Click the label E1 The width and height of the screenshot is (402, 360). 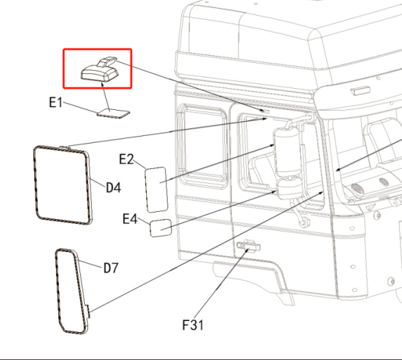click(55, 102)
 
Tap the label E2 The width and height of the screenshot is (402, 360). click(126, 159)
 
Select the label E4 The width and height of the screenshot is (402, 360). click(130, 219)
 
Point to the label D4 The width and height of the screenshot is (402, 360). click(113, 188)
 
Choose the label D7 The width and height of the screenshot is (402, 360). click(111, 268)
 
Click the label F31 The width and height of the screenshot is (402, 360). click(193, 325)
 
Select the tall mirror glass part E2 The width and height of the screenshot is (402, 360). click(156, 190)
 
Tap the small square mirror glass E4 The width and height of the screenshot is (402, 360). click(161, 228)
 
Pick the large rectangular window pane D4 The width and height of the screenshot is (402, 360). click(63, 185)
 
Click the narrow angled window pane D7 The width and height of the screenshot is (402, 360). click(72, 291)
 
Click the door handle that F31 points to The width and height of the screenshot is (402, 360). click(248, 246)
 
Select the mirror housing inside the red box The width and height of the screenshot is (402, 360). click(100, 71)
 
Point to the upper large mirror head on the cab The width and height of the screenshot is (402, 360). click(287, 151)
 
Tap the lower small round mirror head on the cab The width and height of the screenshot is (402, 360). click(290, 188)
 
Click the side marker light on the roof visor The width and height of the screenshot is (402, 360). click(360, 91)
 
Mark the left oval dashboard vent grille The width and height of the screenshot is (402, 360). click(358, 189)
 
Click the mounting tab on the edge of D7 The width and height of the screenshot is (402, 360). click(88, 311)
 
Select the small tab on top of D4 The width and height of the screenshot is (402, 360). click(64, 147)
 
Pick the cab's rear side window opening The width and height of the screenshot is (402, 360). click(202, 146)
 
